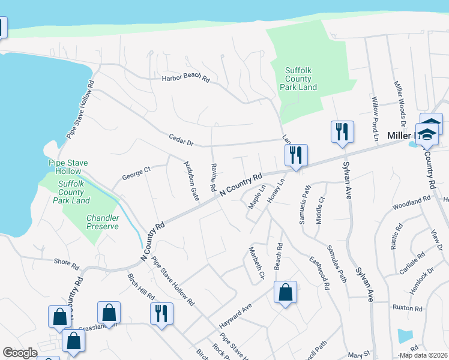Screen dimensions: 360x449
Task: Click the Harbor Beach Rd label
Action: [x=185, y=79]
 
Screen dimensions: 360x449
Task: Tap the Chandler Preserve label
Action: [x=103, y=222]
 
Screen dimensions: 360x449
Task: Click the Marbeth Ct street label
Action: [x=256, y=263]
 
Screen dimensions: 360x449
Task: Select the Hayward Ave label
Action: [x=234, y=311]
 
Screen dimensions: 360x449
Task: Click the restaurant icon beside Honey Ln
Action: [x=296, y=155]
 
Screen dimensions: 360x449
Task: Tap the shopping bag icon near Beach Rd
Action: [x=286, y=292]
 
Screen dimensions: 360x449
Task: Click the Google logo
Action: [x=20, y=353]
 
